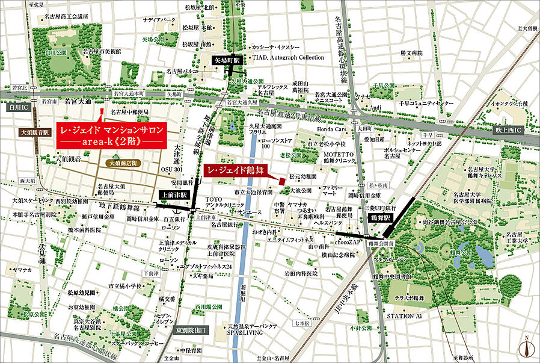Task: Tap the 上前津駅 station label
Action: (175, 195)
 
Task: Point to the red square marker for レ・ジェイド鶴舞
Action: (281, 180)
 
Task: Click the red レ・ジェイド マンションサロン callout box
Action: (110, 136)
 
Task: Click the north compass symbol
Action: (528, 348)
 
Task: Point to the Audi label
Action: (376, 107)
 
